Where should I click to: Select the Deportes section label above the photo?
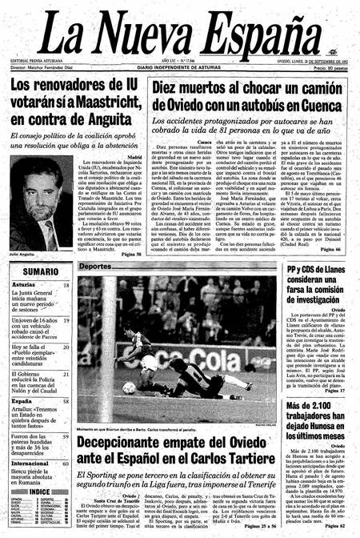pyautogui.click(x=96, y=266)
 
